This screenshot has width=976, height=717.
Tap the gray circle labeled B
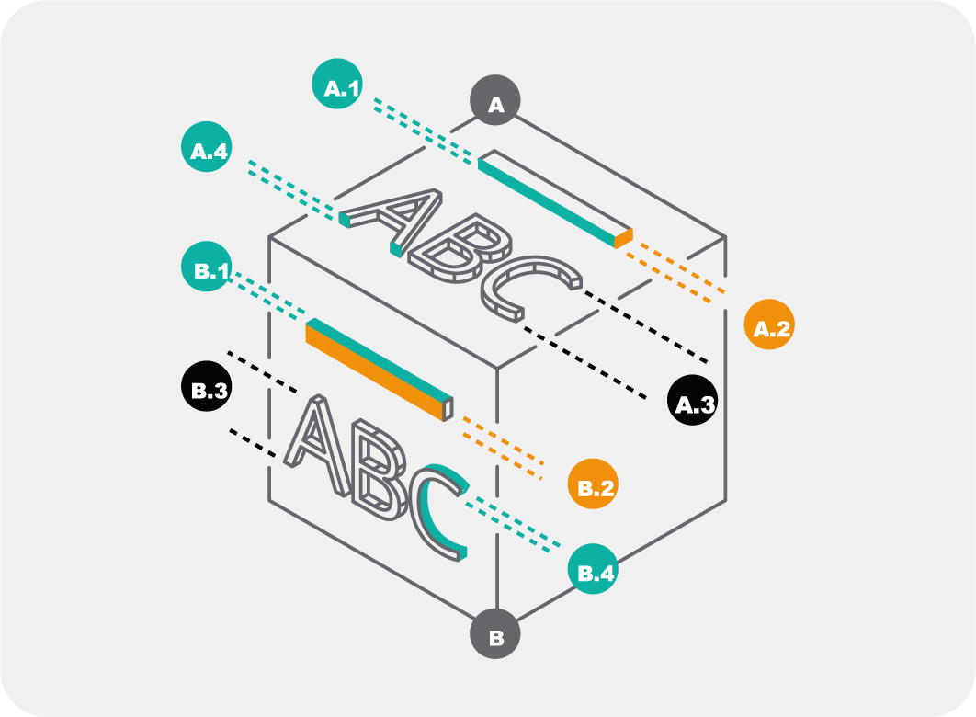(x=496, y=635)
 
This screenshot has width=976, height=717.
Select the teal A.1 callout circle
(x=336, y=85)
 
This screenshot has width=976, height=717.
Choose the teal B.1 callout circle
(x=207, y=267)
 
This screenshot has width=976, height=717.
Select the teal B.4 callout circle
(x=593, y=569)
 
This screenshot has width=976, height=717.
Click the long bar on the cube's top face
(x=551, y=198)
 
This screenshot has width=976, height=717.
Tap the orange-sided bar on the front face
(x=377, y=368)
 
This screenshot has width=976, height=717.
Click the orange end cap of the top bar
(x=624, y=238)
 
